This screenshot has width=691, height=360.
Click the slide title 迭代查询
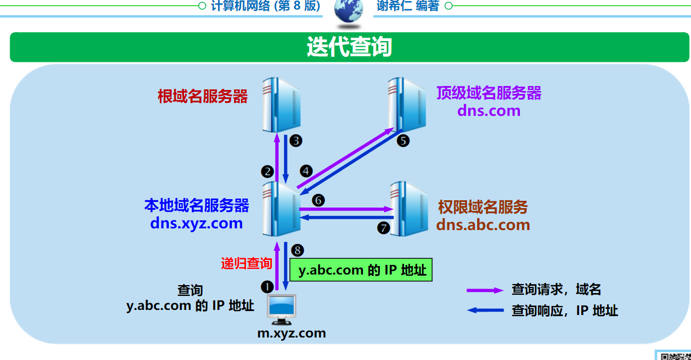(349, 47)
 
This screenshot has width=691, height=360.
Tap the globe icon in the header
(348, 12)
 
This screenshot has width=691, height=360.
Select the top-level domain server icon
(406, 104)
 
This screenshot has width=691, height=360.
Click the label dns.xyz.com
(196, 223)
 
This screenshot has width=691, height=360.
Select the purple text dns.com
(488, 110)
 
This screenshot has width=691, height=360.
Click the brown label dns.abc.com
(483, 224)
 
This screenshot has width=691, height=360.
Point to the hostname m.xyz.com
(291, 333)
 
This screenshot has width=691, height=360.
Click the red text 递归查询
(246, 263)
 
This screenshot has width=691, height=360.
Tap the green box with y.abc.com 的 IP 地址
(361, 270)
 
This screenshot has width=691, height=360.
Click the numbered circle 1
(267, 286)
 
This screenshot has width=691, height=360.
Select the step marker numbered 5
(403, 140)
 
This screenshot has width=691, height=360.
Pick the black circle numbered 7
(384, 227)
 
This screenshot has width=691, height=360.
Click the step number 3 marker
(296, 141)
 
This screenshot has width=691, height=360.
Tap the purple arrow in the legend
(484, 290)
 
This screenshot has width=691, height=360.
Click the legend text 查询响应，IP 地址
(564, 310)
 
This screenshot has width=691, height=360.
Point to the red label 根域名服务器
(203, 96)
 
